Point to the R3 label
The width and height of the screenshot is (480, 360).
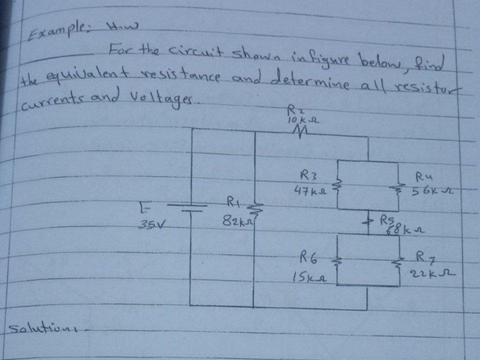tap(305, 175)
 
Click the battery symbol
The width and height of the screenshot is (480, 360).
tap(188, 207)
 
